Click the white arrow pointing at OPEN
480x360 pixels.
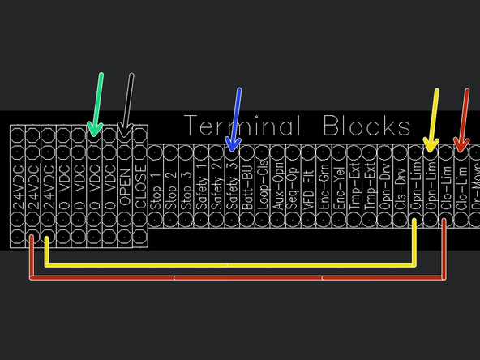pos(127,104)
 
